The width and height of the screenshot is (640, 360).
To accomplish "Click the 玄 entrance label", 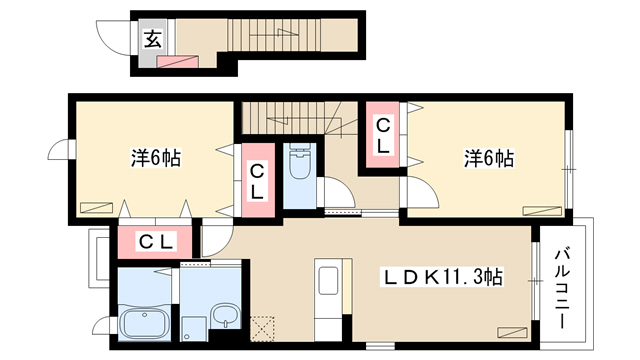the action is coord(153,39).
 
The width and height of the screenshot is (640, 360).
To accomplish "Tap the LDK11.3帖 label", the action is coord(442,278).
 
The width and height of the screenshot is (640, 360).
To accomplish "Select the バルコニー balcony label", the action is coord(561,288).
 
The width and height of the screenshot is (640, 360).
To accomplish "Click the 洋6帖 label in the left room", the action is coord(156,158).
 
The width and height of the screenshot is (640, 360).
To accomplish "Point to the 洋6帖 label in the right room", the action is coord(489,158).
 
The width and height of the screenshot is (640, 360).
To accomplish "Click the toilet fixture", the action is coord(300,161).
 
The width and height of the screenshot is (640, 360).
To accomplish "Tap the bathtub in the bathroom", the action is coord(144,322).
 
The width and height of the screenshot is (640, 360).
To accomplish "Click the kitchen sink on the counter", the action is coord(328,280).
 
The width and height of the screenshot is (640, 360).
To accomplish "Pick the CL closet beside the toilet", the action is coord(257,180).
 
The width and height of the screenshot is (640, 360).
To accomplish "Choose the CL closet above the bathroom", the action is coord(155,242).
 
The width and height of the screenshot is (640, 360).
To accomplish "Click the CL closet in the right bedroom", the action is coord(382,134).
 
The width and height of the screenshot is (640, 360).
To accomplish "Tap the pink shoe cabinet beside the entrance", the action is coord(178,62).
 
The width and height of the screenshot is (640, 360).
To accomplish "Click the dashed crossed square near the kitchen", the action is coord(262,328).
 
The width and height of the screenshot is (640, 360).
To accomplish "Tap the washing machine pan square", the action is coord(195,329).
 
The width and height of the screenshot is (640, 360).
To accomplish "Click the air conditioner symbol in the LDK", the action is coord(512,331).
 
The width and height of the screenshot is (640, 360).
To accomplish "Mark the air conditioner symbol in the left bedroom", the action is coord(96,207).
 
